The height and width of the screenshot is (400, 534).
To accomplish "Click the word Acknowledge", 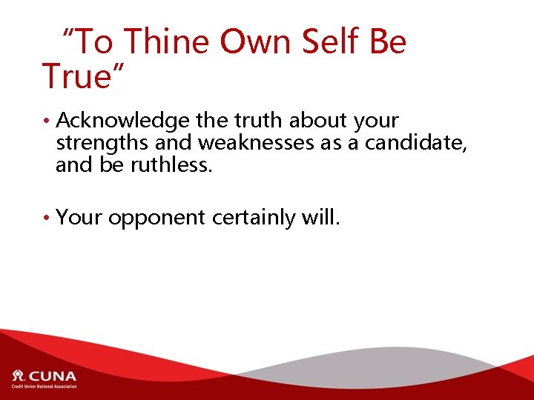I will (x=122, y=121).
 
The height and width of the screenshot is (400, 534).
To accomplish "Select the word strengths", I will (x=102, y=143).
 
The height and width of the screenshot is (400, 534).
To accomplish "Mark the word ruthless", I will (x=171, y=165).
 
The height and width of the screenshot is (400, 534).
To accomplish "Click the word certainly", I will (x=253, y=218).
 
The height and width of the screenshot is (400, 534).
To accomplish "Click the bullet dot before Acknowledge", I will (x=46, y=121).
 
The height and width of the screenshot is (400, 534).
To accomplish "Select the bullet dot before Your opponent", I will (x=46, y=219).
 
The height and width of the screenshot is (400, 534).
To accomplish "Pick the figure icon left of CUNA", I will (x=18, y=376).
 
